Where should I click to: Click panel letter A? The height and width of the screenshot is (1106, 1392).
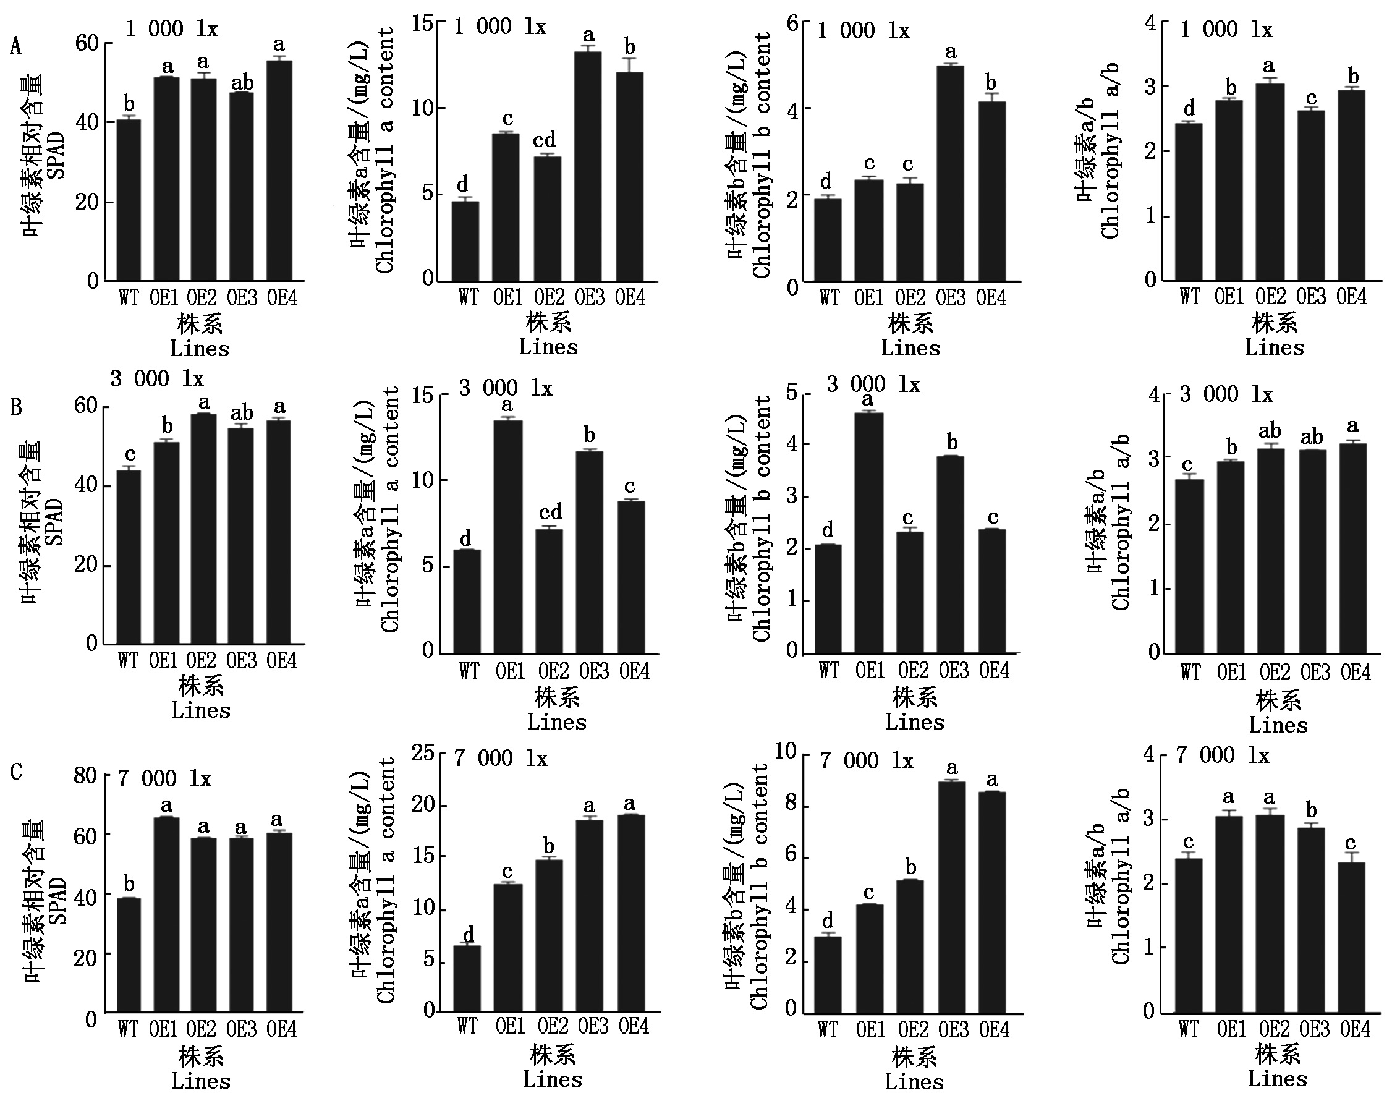(15, 46)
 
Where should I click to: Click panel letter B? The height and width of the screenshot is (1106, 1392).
(16, 407)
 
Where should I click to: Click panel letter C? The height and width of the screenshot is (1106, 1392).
(16, 772)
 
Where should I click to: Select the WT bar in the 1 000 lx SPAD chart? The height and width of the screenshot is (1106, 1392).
(129, 200)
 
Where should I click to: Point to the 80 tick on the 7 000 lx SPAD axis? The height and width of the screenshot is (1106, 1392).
(85, 775)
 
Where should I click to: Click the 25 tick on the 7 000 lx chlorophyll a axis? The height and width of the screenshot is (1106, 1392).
(423, 752)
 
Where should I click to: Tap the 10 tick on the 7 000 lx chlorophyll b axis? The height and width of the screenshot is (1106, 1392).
(785, 751)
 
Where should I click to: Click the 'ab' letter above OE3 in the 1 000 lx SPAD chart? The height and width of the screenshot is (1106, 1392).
(243, 83)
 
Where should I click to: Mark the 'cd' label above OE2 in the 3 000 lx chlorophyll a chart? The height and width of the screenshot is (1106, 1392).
(550, 512)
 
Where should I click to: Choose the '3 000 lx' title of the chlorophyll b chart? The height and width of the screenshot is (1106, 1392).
(873, 385)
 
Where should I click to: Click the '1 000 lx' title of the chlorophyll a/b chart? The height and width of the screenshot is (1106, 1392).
(1226, 30)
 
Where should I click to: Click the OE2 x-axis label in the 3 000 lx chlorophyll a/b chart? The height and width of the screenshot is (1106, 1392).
(1275, 673)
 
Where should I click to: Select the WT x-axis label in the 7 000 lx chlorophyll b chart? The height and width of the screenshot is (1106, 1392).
(828, 1029)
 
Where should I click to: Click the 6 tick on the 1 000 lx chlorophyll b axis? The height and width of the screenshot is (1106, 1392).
(793, 24)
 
